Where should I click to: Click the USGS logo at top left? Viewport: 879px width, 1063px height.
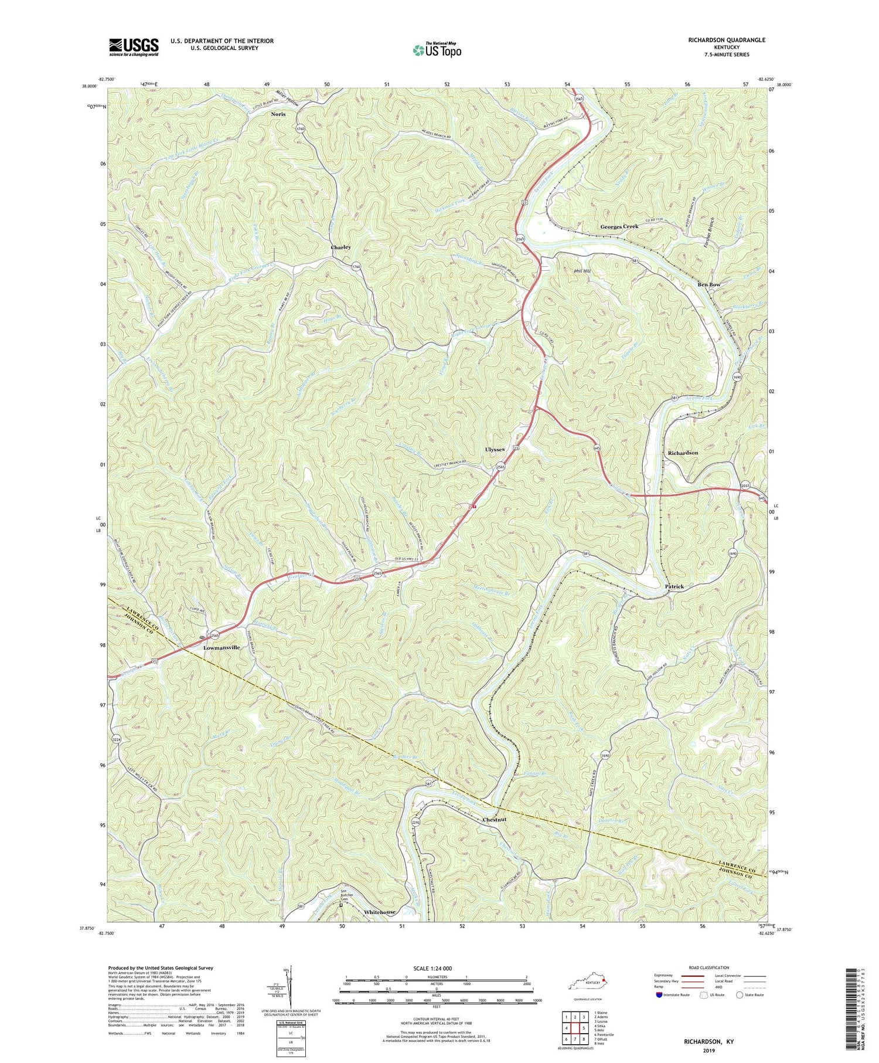click(134, 47)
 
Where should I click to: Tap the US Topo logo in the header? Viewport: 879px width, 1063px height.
click(437, 50)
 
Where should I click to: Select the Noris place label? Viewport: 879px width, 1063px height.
click(278, 114)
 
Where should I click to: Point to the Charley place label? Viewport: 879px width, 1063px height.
click(341, 247)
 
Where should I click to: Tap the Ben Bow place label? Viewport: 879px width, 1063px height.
click(708, 284)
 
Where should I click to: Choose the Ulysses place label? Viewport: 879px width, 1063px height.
click(495, 449)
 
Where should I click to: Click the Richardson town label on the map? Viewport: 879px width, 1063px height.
click(683, 453)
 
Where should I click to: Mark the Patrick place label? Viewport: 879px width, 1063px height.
click(674, 586)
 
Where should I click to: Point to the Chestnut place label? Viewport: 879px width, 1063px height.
click(498, 819)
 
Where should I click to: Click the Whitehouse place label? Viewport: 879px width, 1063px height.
click(379, 912)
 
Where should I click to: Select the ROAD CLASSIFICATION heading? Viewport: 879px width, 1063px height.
click(708, 967)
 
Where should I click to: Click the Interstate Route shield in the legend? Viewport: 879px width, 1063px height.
click(659, 995)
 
